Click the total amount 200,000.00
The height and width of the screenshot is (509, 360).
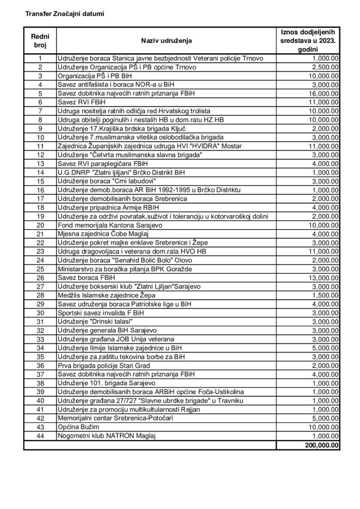(319, 445)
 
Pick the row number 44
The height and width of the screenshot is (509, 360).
(40, 436)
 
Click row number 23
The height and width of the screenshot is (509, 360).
(40, 251)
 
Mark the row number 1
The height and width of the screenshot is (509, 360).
(40, 58)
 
